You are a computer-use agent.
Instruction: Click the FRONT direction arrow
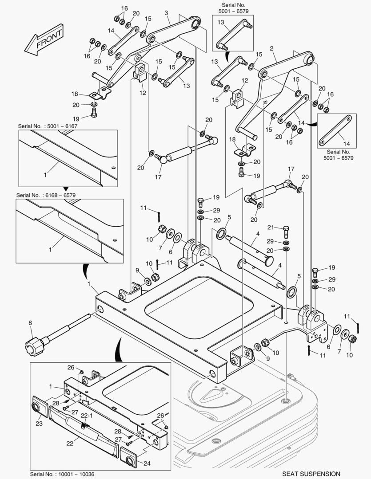tap(44, 39)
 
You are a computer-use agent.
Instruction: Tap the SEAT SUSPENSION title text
tap(311, 474)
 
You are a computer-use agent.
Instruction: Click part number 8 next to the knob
tap(30, 322)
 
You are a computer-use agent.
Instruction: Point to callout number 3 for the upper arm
tap(166, 13)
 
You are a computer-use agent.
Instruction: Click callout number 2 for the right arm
tap(271, 48)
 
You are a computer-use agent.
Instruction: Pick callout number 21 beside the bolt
tap(271, 227)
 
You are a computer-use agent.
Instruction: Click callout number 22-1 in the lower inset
tap(87, 416)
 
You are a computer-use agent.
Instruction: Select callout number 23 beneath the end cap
tap(39, 424)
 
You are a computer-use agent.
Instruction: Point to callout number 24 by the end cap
tap(147, 463)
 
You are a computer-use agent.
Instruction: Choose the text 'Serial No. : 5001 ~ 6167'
tap(48, 126)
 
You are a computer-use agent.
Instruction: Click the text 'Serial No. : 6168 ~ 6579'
tap(46, 195)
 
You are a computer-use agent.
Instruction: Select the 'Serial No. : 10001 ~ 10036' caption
tap(62, 474)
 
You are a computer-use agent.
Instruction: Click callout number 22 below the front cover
tap(70, 443)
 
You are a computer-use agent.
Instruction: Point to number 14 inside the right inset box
tap(346, 144)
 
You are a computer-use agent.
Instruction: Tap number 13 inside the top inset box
tap(221, 22)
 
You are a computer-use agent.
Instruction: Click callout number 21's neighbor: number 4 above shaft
tap(258, 234)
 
